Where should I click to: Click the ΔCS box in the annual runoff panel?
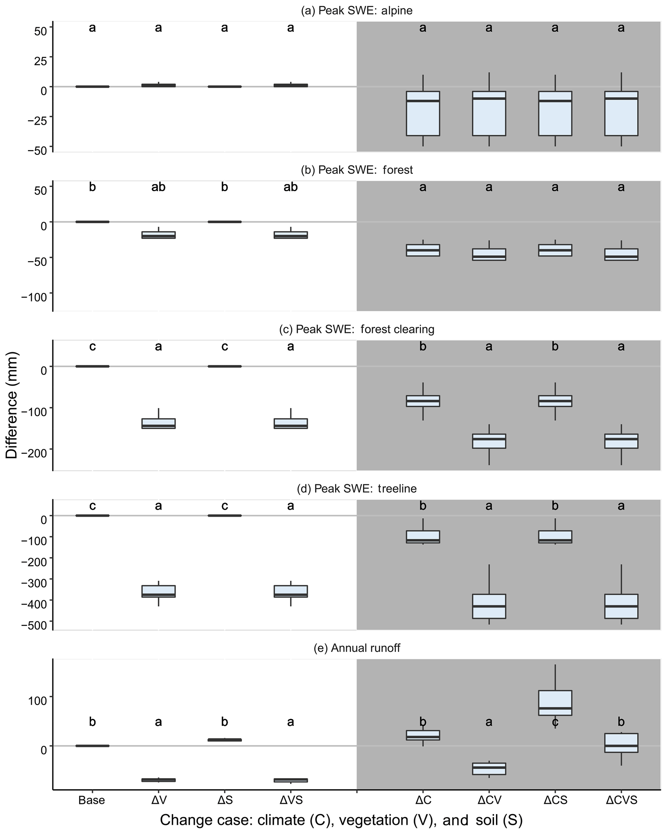click(555, 703)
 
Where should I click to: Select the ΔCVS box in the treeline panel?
click(621, 606)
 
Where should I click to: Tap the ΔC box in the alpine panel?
click(423, 113)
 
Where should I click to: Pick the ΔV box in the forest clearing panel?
click(158, 423)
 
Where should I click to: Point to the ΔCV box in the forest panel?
click(489, 255)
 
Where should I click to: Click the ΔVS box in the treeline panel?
click(290, 592)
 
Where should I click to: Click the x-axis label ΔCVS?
click(621, 800)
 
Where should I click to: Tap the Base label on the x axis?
click(92, 800)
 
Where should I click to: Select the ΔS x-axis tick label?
click(225, 800)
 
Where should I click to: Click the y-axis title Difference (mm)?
click(12, 405)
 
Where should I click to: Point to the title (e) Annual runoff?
click(357, 648)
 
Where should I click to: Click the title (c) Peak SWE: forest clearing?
click(357, 329)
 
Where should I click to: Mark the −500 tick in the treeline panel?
click(37, 626)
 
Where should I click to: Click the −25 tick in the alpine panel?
click(37, 120)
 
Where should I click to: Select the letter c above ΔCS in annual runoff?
click(555, 722)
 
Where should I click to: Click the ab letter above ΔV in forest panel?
click(158, 187)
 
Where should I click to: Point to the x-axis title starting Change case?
click(341, 820)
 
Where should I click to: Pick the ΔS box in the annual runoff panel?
click(225, 740)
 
